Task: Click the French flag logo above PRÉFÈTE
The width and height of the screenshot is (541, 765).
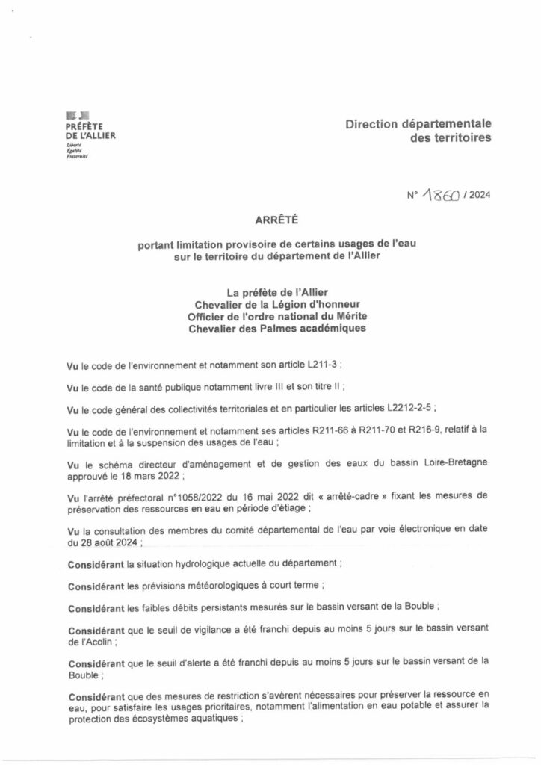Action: click(78, 115)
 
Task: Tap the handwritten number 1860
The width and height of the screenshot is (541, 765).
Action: click(441, 196)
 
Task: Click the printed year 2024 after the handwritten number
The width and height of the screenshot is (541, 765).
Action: click(477, 196)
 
